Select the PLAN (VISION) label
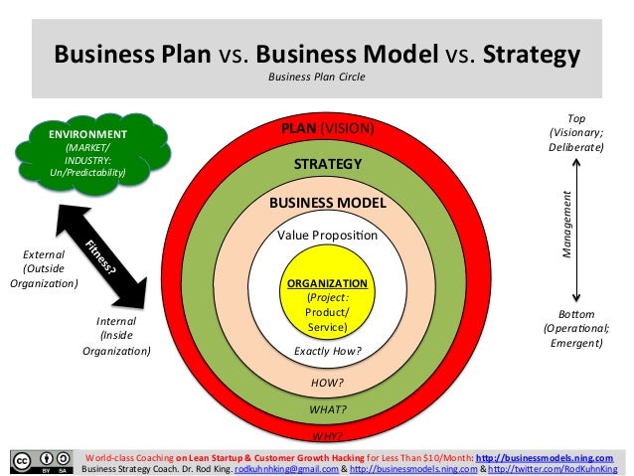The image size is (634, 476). [x=327, y=128]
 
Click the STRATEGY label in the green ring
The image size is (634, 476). [x=328, y=164]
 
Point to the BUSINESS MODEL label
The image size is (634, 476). [x=327, y=203]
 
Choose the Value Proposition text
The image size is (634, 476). [x=327, y=236]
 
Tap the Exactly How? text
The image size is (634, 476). [x=327, y=351]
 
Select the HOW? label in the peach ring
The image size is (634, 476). [x=327, y=383]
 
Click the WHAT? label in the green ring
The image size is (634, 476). [x=327, y=408]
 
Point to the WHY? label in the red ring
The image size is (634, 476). [x=327, y=435]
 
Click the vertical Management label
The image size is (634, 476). [x=567, y=224]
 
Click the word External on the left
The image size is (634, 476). [x=44, y=254]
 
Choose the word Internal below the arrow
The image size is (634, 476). [x=116, y=321]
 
